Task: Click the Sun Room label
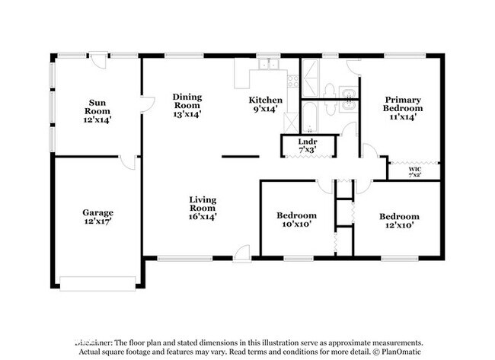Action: tap(97, 111)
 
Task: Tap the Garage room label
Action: tap(98, 218)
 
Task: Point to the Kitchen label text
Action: tap(267, 104)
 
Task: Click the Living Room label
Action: tap(203, 208)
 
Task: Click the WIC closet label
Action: tap(414, 172)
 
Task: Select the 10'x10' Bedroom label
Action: tap(296, 220)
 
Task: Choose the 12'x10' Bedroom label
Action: tap(399, 221)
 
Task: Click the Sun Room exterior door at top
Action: tap(99, 58)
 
